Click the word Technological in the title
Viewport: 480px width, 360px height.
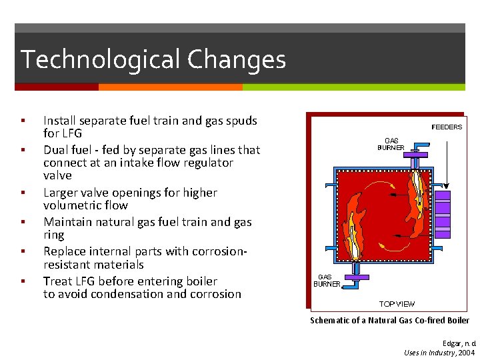pyautogui.click(x=101, y=60)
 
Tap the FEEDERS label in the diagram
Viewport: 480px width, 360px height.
pyautogui.click(x=447, y=127)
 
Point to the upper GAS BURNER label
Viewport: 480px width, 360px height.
pyautogui.click(x=391, y=144)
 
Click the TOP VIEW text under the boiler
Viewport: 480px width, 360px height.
pyautogui.click(x=397, y=304)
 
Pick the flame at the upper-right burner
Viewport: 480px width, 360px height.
pyautogui.click(x=419, y=200)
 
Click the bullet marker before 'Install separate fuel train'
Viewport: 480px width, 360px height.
pyautogui.click(x=23, y=121)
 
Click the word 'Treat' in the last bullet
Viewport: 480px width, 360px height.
pyautogui.click(x=57, y=281)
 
